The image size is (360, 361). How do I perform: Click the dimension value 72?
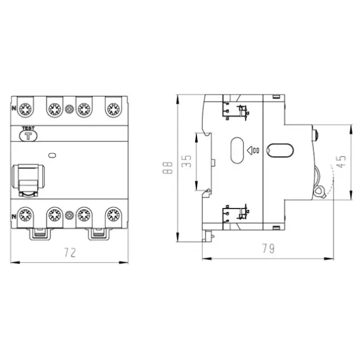tap(70, 253)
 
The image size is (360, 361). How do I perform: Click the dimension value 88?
tap(167, 168)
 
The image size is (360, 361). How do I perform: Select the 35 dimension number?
tap(186, 161)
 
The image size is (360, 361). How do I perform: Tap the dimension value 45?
tap(341, 162)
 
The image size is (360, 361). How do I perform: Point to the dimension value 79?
tap(268, 248)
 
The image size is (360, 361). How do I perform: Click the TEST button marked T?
tap(28, 136)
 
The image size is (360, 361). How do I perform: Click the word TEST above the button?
tap(28, 129)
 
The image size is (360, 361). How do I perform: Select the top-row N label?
tap(14, 108)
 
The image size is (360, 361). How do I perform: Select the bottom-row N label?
tap(14, 217)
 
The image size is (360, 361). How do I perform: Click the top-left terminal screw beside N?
tap(25, 109)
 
